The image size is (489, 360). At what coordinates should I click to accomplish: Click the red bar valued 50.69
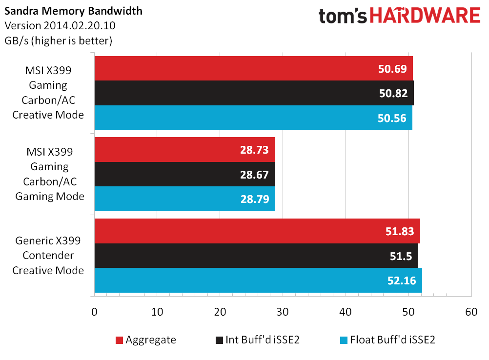(253, 68)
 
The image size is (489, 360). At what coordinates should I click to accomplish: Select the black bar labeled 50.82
(254, 93)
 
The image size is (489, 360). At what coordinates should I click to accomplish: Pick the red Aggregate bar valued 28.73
(184, 149)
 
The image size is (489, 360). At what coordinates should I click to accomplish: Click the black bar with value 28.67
(184, 174)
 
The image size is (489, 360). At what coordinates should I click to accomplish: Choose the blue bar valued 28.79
(184, 199)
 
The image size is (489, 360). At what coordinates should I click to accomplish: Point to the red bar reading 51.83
(257, 231)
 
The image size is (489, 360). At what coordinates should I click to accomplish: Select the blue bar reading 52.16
(258, 280)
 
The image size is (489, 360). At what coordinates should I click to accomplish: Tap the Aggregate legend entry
(145, 340)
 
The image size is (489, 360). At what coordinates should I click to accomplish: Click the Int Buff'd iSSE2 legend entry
(257, 340)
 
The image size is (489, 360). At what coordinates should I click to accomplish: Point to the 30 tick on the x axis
(283, 311)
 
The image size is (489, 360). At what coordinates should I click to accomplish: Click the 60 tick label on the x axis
(470, 311)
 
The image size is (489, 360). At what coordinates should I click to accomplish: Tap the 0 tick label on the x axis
(94, 311)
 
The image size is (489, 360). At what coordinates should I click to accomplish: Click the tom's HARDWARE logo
(399, 17)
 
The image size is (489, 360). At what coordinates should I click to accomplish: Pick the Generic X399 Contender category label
(48, 255)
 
